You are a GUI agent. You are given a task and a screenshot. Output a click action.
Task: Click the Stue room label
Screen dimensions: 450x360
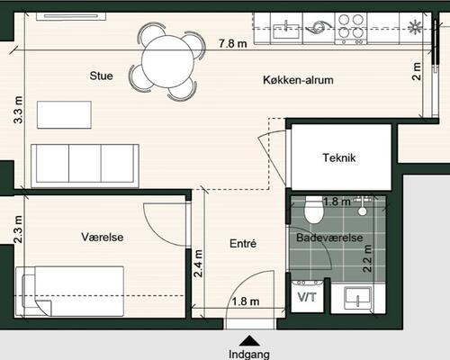coord(101,76)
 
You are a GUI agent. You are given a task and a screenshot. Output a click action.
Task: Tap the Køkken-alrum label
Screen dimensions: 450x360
coord(298,80)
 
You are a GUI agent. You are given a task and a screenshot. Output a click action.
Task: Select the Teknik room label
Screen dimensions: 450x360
coord(339,157)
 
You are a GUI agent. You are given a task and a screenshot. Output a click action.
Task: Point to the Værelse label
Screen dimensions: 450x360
coord(103,237)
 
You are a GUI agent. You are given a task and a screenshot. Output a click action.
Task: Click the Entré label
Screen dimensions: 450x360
coord(243,243)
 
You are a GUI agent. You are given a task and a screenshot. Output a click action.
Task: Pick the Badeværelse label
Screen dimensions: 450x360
coord(329,238)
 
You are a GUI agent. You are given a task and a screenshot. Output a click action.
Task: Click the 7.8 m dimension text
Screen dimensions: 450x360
coord(233,43)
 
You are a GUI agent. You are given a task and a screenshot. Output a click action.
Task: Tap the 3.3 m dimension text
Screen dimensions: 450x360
coord(18,110)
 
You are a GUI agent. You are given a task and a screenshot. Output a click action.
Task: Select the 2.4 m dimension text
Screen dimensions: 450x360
coord(198,264)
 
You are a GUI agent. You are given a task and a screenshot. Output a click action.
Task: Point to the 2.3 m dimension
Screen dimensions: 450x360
coord(18,229)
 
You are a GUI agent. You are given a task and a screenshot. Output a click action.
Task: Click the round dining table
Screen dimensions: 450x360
coord(168,61)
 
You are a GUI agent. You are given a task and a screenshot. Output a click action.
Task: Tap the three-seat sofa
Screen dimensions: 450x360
coord(85,166)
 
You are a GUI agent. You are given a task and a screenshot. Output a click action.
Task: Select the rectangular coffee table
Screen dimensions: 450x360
coord(64,115)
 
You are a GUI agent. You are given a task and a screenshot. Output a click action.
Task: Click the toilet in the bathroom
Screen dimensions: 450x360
coord(314,210)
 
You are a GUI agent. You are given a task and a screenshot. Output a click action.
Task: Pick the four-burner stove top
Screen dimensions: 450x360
coord(351,29)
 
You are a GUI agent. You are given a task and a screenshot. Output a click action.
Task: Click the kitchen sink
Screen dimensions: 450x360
coord(286,31)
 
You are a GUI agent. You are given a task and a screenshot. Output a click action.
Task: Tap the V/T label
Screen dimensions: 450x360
coord(307,297)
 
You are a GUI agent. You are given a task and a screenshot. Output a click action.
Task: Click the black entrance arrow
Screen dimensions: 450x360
coord(249,341)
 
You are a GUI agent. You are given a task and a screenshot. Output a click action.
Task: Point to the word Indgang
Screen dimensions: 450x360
coord(249,355)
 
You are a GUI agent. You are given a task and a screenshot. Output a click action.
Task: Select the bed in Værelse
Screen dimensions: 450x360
coord(70,291)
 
